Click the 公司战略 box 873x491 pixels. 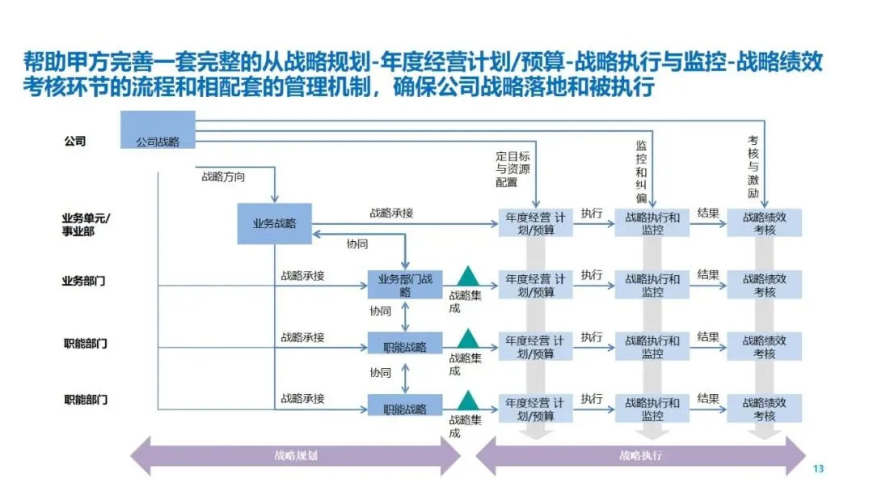(158, 130)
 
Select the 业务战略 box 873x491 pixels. (274, 223)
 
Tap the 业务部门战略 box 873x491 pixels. (405, 280)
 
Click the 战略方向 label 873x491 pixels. (223, 176)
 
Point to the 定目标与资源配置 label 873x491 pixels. (512, 169)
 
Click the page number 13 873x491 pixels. (818, 470)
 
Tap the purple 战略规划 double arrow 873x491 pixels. (295, 455)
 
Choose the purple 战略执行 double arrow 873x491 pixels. (641, 455)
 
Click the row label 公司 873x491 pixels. (75, 142)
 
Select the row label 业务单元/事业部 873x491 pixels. (86, 224)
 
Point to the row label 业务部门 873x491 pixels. (84, 281)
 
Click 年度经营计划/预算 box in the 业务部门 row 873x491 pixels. (536, 286)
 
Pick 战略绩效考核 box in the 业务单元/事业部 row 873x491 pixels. (764, 223)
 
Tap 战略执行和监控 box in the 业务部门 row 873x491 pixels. (652, 286)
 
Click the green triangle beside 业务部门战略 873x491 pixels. (466, 276)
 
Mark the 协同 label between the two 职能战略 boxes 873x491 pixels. (380, 373)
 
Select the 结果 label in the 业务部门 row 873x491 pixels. (708, 275)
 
